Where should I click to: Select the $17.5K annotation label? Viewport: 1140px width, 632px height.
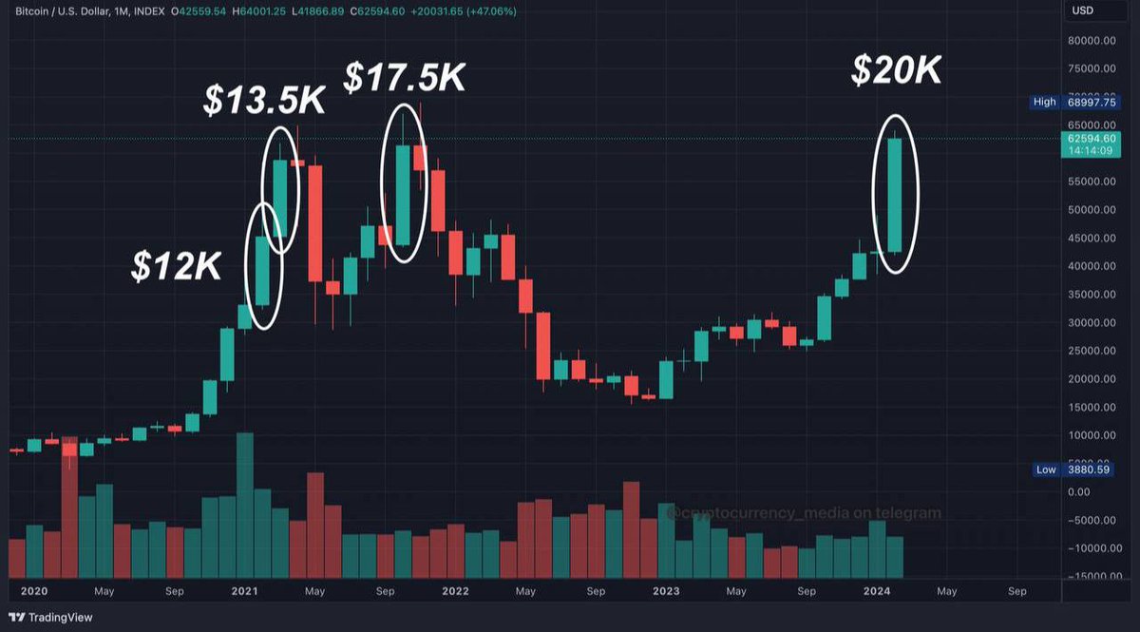tap(405, 78)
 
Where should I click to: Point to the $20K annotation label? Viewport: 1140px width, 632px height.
tap(896, 70)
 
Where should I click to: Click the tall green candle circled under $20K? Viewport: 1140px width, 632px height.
tap(894, 195)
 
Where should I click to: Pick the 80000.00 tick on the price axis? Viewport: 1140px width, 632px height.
tap(1090, 41)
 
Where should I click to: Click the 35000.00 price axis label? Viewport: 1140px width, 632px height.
tap(1090, 295)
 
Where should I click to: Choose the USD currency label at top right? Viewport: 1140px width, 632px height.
tap(1083, 10)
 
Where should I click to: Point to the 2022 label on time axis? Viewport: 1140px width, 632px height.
tap(455, 591)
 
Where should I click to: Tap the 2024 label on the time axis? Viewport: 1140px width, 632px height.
tap(877, 591)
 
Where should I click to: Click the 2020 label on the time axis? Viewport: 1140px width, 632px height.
tap(33, 591)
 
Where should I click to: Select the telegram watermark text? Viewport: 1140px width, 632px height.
tap(803, 513)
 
